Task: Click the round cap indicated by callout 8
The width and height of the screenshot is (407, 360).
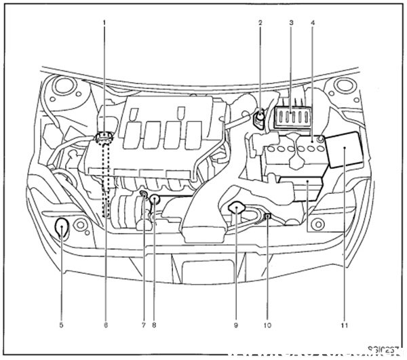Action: [155, 199]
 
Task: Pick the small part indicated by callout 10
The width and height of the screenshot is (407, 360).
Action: [269, 216]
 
